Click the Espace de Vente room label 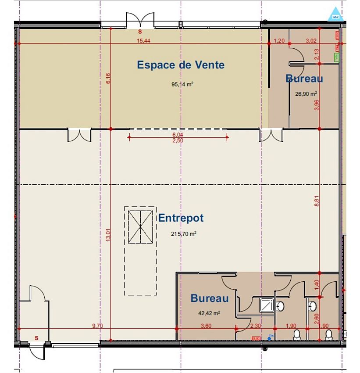(x=181, y=65)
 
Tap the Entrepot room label (x=181, y=218)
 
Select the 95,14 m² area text (x=182, y=84)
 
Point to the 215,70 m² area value (x=183, y=234)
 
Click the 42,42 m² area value (x=209, y=313)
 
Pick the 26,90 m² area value (x=306, y=93)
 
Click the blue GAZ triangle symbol (x=335, y=14)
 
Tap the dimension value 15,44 (x=143, y=41)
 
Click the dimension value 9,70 (x=98, y=326)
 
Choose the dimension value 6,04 (x=178, y=135)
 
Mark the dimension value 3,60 (x=206, y=326)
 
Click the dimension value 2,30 (x=255, y=326)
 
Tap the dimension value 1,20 (x=279, y=41)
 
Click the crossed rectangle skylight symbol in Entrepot (x=140, y=226)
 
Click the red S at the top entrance (x=140, y=32)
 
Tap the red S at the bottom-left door (x=36, y=337)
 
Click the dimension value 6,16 (x=108, y=78)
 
